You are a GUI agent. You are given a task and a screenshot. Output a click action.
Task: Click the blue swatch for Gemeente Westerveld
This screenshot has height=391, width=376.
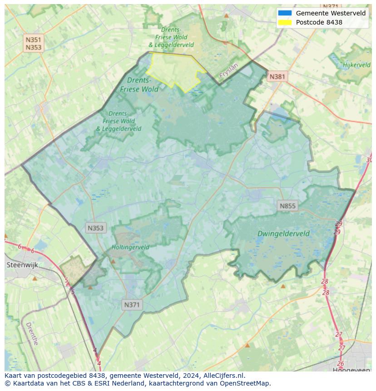point(285,13)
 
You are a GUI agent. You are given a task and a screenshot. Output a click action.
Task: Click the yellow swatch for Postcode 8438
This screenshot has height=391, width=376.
point(285,22)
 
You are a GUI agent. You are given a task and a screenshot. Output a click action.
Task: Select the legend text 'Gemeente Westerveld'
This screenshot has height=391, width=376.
point(331,13)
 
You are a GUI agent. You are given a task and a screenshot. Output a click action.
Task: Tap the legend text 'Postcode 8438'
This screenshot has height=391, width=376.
point(319,22)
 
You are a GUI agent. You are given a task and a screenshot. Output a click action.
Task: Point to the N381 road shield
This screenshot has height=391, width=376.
point(277,77)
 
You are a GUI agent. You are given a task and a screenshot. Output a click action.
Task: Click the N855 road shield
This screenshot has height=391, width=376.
point(287,206)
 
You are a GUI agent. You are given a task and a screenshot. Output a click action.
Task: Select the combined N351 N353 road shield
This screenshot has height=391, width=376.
point(34,44)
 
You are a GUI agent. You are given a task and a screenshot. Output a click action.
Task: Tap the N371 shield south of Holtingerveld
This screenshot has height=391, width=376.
point(132,305)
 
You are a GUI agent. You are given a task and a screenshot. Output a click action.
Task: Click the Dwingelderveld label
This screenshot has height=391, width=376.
point(283,234)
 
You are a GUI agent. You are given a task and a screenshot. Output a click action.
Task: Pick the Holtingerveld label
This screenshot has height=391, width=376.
point(130,247)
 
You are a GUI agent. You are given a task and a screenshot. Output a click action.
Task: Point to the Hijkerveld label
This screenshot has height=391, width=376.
point(357,65)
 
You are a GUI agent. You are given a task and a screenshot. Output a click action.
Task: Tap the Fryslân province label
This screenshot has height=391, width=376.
point(228,72)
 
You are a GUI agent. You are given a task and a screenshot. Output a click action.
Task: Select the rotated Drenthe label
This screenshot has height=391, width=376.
point(32,334)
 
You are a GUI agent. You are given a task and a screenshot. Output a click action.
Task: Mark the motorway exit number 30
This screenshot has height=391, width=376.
point(369,160)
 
